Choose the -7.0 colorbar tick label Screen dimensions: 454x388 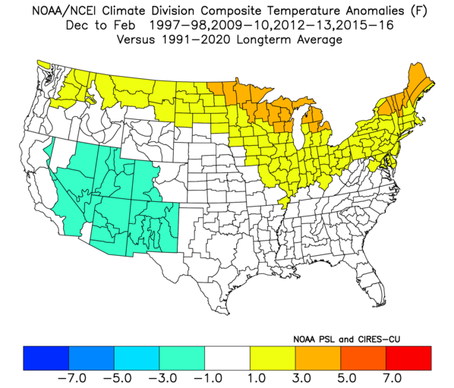pyautogui.click(x=72, y=378)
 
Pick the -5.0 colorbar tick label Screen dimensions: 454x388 pyautogui.click(x=118, y=378)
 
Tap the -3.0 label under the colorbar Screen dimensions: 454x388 pyautogui.click(x=162, y=378)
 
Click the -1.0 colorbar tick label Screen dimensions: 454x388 pyautogui.click(x=208, y=378)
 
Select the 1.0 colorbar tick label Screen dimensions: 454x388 pyautogui.click(x=257, y=378)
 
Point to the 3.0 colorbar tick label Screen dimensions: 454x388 pyautogui.click(x=301, y=378)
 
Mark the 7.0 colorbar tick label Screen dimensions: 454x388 pyautogui.click(x=393, y=378)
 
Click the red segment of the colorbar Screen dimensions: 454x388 pyautogui.click(x=408, y=358)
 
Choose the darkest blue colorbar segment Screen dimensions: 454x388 pyautogui.click(x=46, y=358)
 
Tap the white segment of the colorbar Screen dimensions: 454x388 pyautogui.click(x=227, y=358)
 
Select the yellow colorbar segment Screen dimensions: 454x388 pyautogui.click(x=273, y=358)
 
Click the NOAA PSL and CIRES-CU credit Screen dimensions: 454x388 pyautogui.click(x=347, y=339)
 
